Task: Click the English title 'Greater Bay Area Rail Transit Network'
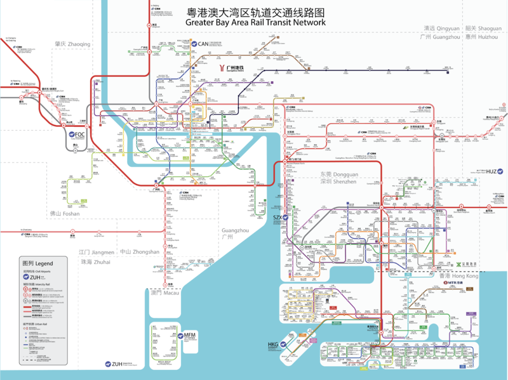coord(255,22)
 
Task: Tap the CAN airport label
coord(203,44)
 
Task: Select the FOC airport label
coord(79,134)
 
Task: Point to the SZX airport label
coord(277,218)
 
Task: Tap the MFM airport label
coord(189,334)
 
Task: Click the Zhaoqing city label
coord(72,44)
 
